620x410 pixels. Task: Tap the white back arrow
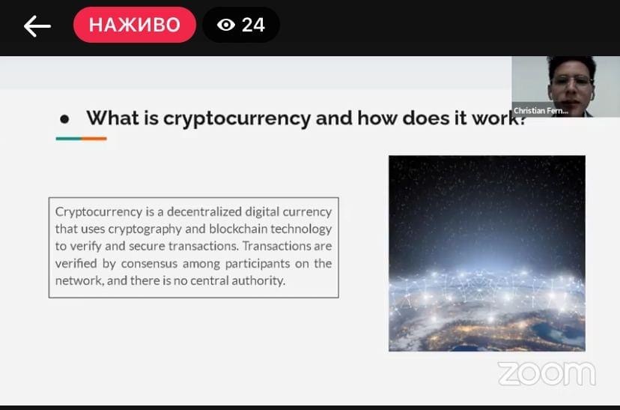click(x=37, y=26)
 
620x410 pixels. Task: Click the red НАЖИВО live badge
click(x=135, y=25)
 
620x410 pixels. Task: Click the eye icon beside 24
click(x=226, y=25)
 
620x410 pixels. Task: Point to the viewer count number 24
click(x=253, y=25)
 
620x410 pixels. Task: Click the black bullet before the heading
click(x=64, y=118)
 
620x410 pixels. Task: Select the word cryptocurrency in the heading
click(x=237, y=118)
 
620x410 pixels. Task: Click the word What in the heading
click(x=112, y=118)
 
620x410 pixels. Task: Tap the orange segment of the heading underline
click(x=94, y=139)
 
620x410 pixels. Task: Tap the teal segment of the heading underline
click(x=69, y=139)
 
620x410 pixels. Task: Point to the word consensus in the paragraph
click(x=149, y=264)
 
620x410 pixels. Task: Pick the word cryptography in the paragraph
click(x=145, y=229)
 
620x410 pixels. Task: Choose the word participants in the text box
click(x=258, y=264)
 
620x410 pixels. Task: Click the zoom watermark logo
click(x=547, y=373)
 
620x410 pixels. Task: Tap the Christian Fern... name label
click(x=541, y=111)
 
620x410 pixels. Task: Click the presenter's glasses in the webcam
click(x=572, y=82)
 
